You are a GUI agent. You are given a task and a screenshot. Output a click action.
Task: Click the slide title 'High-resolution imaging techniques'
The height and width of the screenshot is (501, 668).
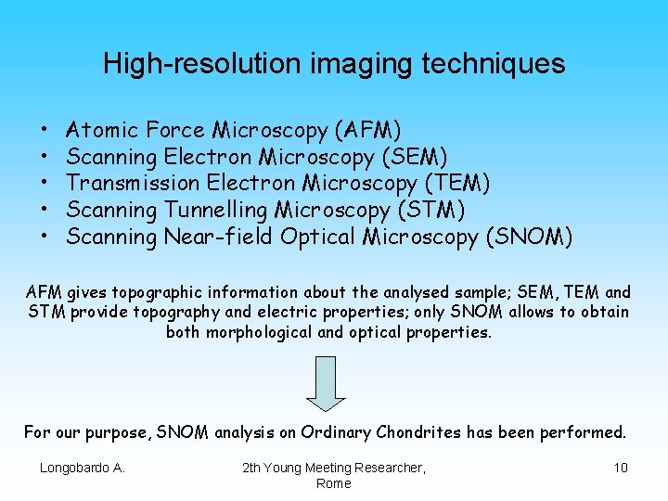pos(333,63)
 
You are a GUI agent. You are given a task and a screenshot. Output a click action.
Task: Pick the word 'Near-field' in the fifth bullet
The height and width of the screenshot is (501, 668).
pos(218,237)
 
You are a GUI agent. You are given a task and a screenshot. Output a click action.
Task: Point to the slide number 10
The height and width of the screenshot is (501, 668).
pos(621,468)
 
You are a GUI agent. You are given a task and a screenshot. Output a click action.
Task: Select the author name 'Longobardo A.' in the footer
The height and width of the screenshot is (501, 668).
pos(82,468)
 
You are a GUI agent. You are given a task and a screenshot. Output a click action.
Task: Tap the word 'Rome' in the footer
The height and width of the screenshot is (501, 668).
pos(333,483)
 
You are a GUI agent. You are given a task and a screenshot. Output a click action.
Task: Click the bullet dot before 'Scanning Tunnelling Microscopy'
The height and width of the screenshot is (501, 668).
pos(45,211)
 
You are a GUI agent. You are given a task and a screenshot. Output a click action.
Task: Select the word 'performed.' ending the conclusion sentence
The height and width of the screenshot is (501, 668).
pos(589,432)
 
